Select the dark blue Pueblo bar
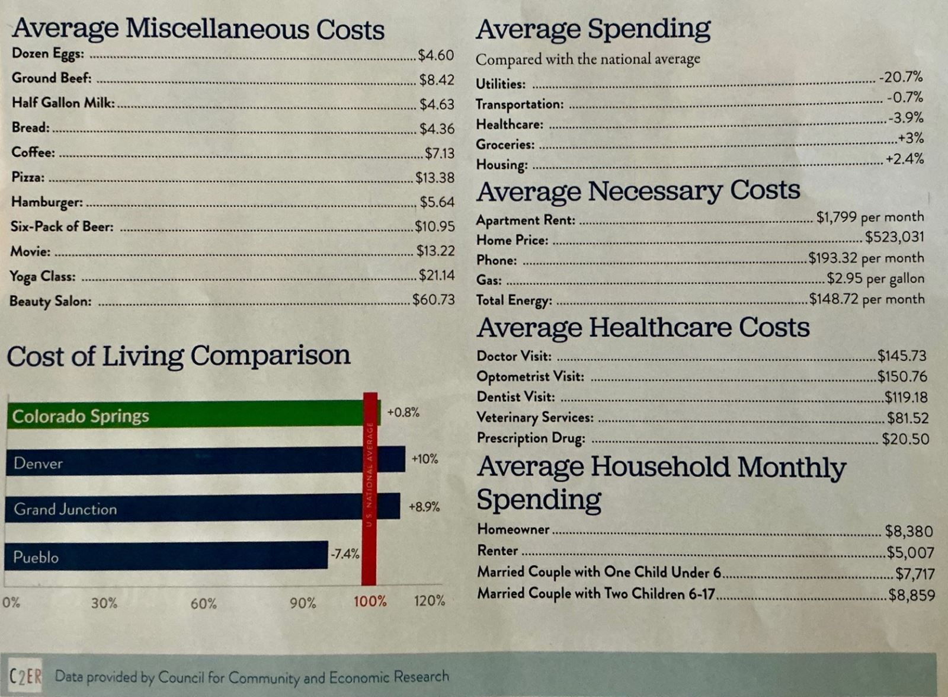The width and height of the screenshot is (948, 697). click(166, 556)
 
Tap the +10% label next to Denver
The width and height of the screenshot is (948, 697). click(425, 459)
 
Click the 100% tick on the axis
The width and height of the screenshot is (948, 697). click(370, 602)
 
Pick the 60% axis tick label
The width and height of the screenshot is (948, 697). click(203, 603)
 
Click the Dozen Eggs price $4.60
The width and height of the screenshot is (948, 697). click(435, 55)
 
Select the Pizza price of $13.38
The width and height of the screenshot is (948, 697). click(434, 177)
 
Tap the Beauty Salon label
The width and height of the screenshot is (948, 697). click(50, 301)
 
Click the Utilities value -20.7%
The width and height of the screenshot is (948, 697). click(901, 77)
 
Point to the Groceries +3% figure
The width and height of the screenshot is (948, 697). click(911, 138)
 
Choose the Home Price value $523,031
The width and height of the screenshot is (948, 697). click(894, 237)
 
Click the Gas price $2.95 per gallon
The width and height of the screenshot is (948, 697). click(876, 279)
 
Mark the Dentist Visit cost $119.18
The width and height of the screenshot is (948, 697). click(906, 397)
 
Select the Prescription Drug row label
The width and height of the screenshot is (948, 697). click(531, 438)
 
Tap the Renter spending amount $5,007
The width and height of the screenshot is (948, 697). click(910, 552)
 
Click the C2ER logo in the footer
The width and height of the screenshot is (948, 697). click(25, 676)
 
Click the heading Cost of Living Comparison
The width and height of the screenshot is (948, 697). click(178, 356)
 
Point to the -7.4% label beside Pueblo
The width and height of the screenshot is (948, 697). click(345, 554)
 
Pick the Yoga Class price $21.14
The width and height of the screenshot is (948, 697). click(436, 275)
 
